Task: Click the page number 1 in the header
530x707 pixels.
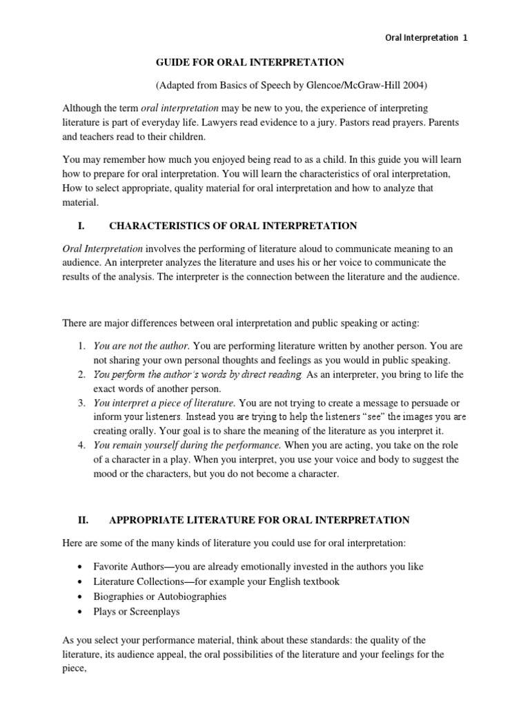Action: click(x=465, y=39)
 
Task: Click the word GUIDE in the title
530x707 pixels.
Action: click(x=173, y=62)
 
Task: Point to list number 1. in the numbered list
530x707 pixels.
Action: click(x=81, y=345)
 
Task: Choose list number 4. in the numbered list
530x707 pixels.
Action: click(x=81, y=445)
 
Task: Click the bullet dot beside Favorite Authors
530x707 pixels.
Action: click(x=81, y=567)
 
